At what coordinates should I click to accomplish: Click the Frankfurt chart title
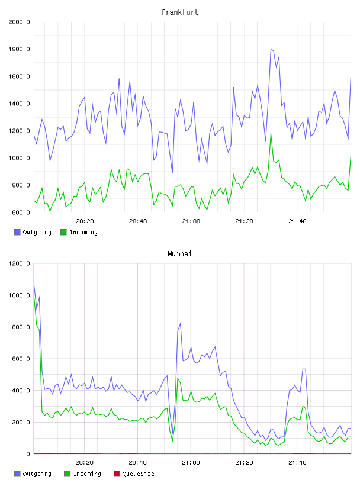(180, 12)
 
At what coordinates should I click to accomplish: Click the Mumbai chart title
(179, 253)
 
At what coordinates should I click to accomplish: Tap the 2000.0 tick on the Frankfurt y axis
(19, 22)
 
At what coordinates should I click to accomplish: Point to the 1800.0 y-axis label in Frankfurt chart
(19, 49)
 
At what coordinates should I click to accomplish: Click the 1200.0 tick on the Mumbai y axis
(19, 263)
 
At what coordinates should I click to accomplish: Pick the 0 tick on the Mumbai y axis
(28, 454)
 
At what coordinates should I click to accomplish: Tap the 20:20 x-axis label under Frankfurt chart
(85, 221)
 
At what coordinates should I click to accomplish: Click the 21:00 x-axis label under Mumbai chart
(191, 462)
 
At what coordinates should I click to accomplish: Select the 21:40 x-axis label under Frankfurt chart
(297, 221)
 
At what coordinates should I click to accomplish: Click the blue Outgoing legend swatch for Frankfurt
(17, 232)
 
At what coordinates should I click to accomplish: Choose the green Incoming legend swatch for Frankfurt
(63, 232)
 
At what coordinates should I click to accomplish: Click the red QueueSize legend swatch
(117, 474)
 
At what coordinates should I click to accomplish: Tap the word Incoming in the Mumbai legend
(87, 474)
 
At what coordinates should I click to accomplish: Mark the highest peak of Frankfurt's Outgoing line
(271, 49)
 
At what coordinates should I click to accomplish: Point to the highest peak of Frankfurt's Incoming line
(271, 134)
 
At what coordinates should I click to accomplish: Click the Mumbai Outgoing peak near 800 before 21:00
(181, 323)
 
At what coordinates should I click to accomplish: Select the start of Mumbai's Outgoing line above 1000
(34, 285)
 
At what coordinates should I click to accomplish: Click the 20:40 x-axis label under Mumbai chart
(138, 462)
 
